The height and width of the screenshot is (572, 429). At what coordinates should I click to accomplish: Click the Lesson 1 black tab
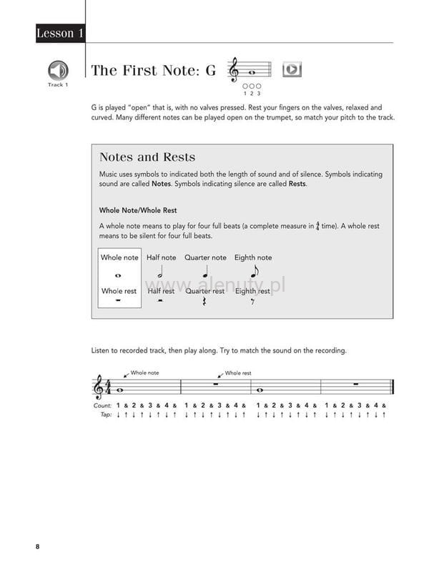click(x=60, y=34)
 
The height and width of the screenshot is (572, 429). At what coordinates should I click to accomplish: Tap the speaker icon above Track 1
click(x=58, y=70)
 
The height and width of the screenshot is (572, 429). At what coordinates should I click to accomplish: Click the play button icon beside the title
click(x=292, y=69)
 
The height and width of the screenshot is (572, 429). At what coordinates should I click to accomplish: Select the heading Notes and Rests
click(x=147, y=157)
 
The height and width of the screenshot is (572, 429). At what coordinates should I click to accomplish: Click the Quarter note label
click(x=205, y=257)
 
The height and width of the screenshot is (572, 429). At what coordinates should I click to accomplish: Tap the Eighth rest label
click(x=252, y=291)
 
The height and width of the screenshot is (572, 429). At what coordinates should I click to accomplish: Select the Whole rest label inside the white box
click(x=119, y=291)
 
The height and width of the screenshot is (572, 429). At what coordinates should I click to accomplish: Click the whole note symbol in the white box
click(x=118, y=275)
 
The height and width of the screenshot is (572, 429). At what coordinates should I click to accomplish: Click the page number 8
click(x=37, y=547)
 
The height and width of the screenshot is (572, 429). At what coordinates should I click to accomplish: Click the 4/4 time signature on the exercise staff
click(x=109, y=388)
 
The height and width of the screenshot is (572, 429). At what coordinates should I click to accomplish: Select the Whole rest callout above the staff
click(x=237, y=373)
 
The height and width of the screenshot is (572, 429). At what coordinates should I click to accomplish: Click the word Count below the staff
click(x=102, y=405)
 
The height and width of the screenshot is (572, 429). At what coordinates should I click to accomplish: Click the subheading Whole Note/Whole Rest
click(x=138, y=210)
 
